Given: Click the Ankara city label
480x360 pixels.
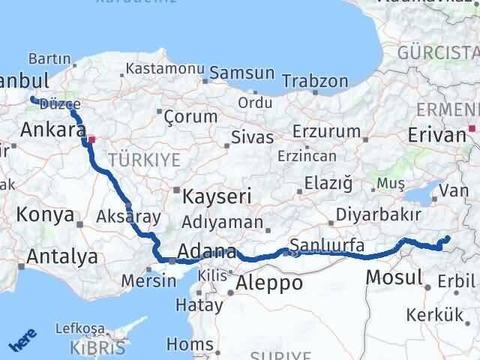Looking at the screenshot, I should point(52,130).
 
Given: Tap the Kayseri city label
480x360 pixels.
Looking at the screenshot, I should point(217,196).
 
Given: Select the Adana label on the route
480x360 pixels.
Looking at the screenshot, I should point(208,252).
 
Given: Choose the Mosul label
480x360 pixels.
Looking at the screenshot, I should point(394,277).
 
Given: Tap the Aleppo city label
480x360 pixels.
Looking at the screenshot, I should point(269,283).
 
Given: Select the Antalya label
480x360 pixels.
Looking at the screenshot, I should point(61,256).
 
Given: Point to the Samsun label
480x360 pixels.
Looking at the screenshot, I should point(242,73).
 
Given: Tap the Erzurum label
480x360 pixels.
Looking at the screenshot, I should point(326,131).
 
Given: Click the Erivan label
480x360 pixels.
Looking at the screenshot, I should point(437,135).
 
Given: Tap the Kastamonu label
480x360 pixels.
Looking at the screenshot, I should point(166,68).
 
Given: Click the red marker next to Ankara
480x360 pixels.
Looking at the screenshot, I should point(91,139).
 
